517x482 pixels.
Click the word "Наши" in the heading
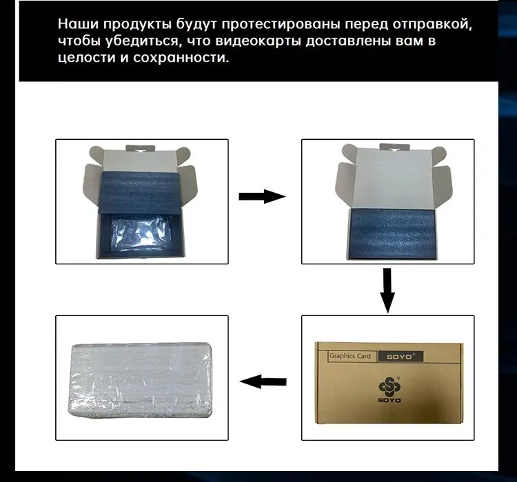tap(79, 24)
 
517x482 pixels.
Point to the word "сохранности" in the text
tap(181, 57)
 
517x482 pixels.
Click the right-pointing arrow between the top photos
tap(262, 197)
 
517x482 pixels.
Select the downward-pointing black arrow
tap(387, 291)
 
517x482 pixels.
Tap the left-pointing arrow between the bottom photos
tap(263, 382)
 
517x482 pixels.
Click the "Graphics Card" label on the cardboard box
tap(349, 356)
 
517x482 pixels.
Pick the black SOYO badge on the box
tap(401, 357)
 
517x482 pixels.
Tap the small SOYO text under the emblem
tap(389, 400)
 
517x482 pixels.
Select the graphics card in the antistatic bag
tap(139, 234)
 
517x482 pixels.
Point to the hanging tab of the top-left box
tap(140, 149)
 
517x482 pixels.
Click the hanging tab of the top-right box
tap(394, 147)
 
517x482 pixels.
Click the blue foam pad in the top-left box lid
tap(139, 192)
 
